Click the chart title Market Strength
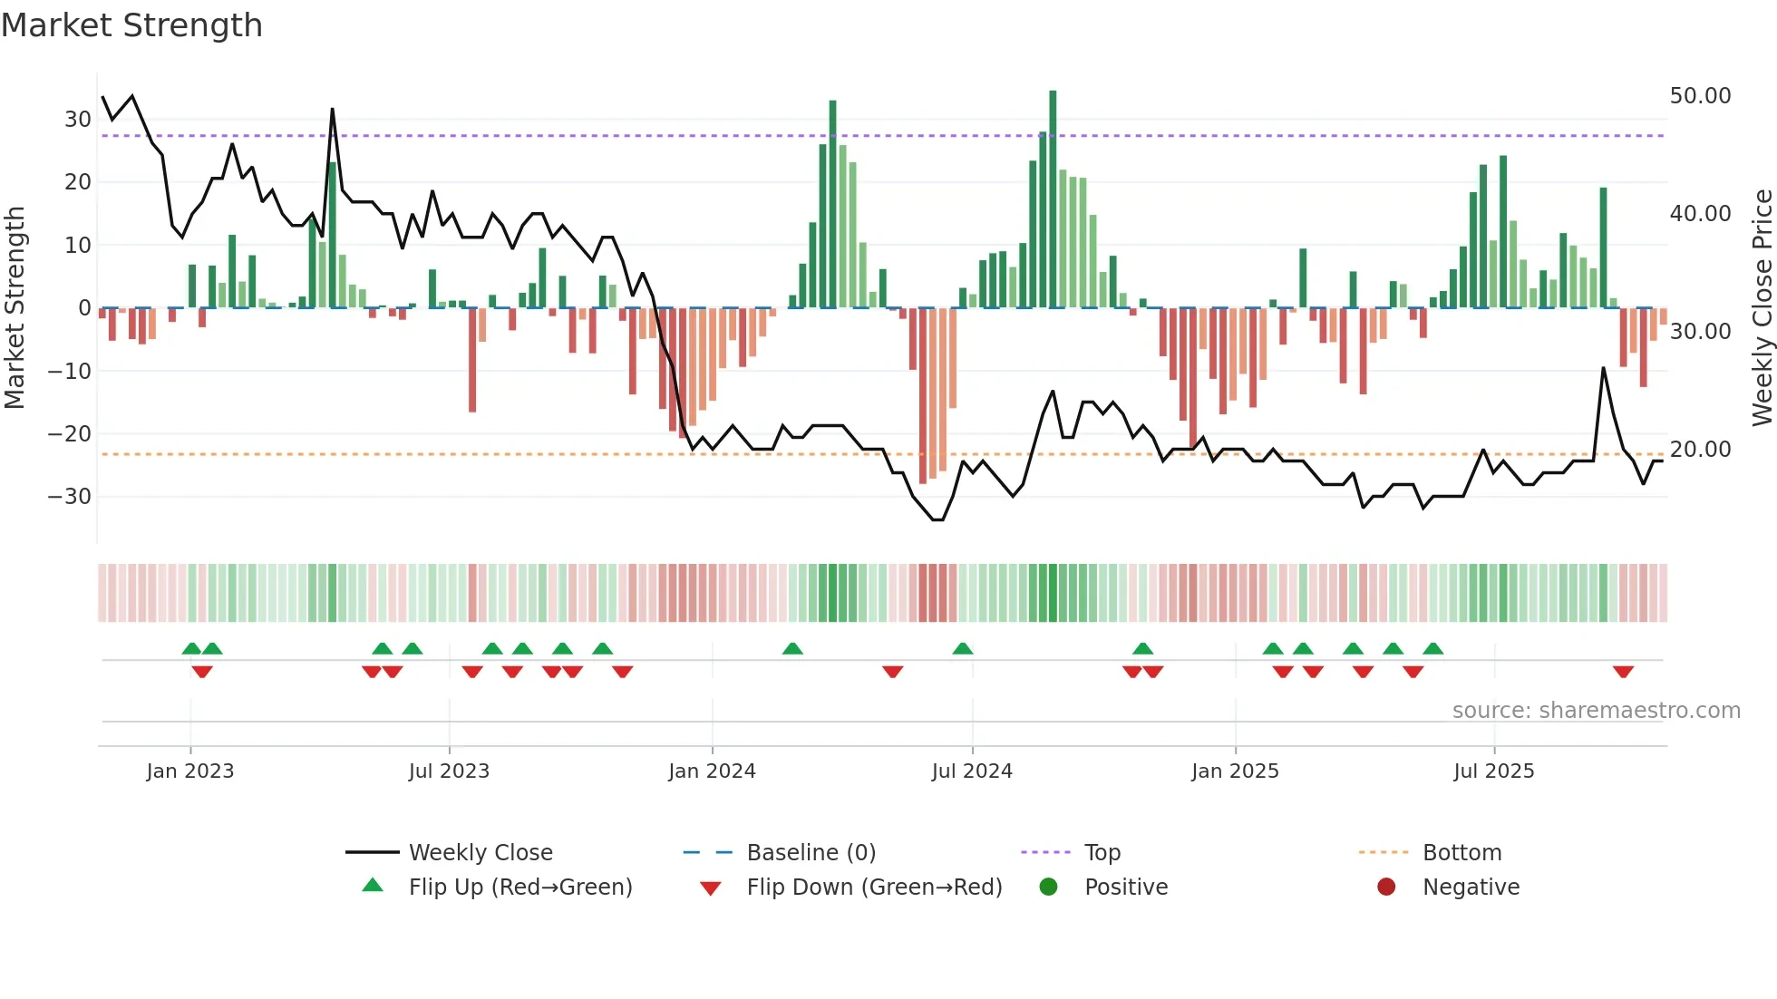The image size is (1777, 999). click(131, 25)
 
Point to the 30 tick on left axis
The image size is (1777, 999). click(77, 119)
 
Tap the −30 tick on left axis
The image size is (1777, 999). click(70, 496)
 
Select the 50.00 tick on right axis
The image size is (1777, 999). click(1700, 96)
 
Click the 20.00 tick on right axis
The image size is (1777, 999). click(1700, 450)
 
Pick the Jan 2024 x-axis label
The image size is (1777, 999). click(712, 771)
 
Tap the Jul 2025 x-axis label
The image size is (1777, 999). click(1493, 771)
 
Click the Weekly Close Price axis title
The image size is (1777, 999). click(1762, 308)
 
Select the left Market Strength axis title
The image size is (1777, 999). click(15, 308)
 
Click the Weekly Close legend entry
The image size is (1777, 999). click(481, 853)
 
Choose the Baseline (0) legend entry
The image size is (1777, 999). click(811, 853)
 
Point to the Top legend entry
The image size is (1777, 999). click(1102, 853)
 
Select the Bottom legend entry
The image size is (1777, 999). click(1461, 853)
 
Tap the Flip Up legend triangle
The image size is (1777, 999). click(373, 886)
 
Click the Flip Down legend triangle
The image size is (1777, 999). click(711, 888)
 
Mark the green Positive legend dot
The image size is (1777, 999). click(1048, 887)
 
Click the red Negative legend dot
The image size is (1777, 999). click(1386, 887)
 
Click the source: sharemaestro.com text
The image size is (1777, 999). click(1596, 711)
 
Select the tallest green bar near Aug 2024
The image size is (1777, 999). click(1053, 199)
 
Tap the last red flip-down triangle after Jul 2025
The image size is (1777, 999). click(1623, 672)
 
